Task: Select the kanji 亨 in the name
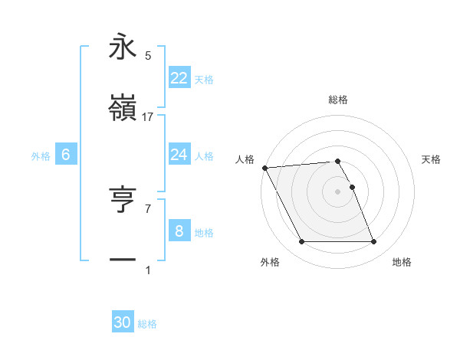tap(123, 200)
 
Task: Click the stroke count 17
tap(148, 117)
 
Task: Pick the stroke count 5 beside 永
tap(148, 56)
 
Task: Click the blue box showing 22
tap(179, 78)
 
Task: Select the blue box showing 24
tap(179, 155)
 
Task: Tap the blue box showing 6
tap(65, 155)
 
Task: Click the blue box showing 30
tap(123, 322)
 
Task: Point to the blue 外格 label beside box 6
tap(41, 156)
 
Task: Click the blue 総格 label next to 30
tap(148, 324)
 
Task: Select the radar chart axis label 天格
tap(431, 159)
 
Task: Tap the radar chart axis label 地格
tap(402, 263)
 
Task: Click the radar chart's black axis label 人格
tap(245, 159)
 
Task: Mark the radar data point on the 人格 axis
tap(264, 168)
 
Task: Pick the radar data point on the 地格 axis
tap(373, 242)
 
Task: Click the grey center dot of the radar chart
tap(337, 191)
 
